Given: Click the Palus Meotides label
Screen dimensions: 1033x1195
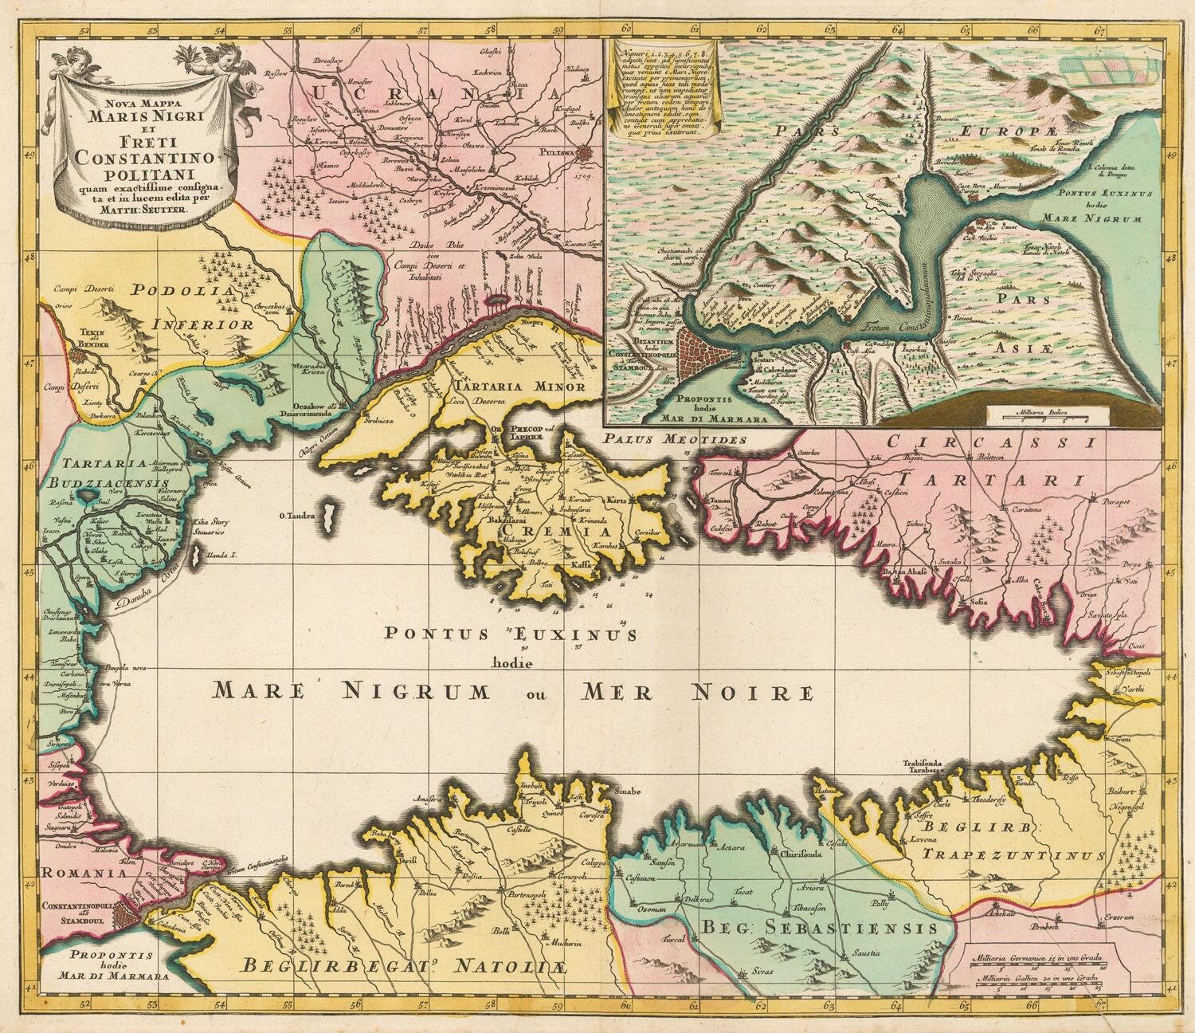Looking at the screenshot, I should click(x=674, y=438).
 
